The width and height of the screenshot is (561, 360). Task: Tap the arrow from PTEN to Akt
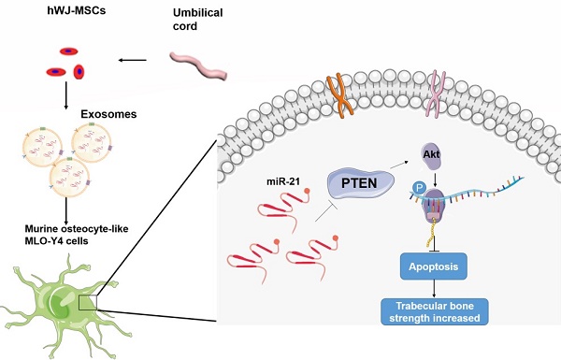click(396, 164)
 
